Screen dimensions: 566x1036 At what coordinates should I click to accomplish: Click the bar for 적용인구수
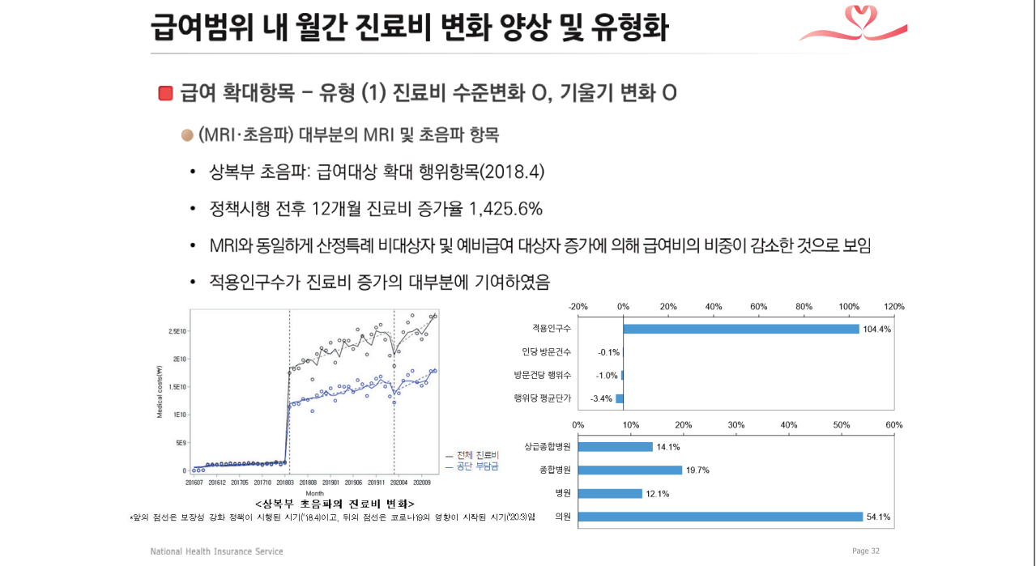740,329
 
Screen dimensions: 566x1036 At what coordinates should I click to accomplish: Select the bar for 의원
720,517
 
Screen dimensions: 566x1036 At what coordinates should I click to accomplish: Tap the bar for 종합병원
630,470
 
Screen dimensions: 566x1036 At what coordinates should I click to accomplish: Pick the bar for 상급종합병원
616,446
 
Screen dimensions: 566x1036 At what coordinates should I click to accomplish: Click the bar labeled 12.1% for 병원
610,493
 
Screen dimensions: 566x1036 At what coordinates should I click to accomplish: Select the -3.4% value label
600,398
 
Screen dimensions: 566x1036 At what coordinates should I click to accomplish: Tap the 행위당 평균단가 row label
543,398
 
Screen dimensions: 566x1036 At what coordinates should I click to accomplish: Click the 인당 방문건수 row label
547,352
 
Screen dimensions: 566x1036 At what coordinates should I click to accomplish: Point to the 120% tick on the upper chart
894,307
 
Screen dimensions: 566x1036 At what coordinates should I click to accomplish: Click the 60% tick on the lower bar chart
894,425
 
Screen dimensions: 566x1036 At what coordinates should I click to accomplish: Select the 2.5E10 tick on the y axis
177,331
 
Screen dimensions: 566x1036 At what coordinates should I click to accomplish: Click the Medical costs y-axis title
160,390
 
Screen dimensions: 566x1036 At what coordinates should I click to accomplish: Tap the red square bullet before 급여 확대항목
166,93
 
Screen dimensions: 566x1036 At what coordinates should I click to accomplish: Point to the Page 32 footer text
865,551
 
